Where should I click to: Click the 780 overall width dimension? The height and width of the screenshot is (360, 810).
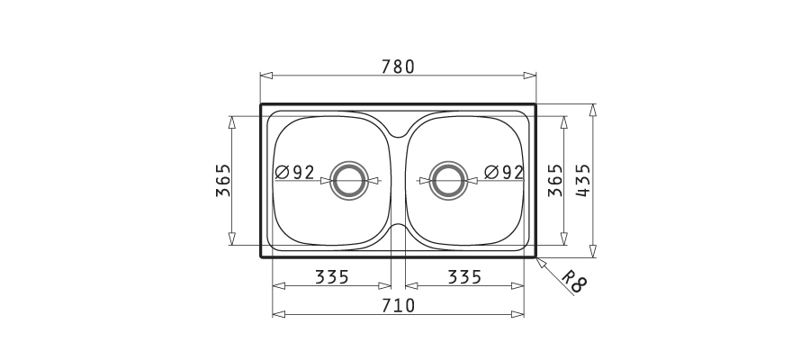coord(398,67)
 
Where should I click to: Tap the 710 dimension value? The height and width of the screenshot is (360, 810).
coord(398,306)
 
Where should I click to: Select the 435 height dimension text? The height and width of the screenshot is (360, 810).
coord(582,180)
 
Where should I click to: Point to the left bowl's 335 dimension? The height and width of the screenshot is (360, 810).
coord(332,277)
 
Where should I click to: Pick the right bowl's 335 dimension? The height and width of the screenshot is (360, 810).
coord(464,277)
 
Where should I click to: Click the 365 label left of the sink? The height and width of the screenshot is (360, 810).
coord(223,180)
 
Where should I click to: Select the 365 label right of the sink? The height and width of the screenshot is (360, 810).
coord(555,180)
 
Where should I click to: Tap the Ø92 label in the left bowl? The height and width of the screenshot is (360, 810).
coord(294,172)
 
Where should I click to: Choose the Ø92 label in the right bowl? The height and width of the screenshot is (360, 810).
coord(504,172)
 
